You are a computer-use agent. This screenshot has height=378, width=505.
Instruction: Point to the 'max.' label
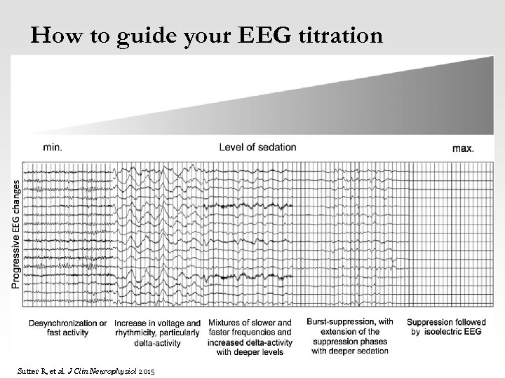[463, 148]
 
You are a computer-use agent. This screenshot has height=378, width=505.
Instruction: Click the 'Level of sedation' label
[257, 147]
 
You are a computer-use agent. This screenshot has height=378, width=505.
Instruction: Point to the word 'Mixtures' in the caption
[224, 323]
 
